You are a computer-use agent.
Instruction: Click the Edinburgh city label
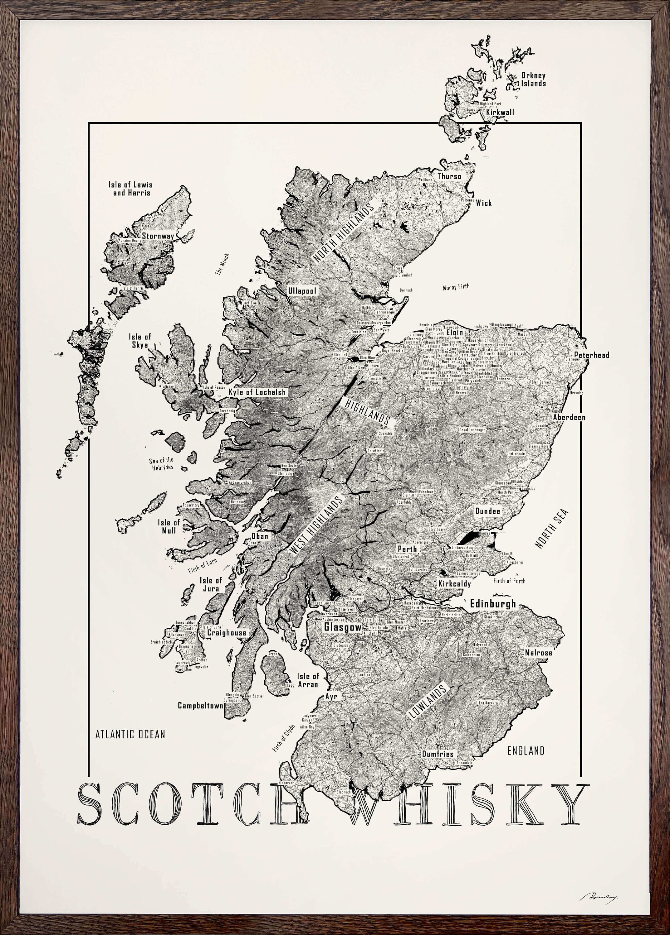(x=493, y=604)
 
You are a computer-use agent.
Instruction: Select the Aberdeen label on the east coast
(x=569, y=417)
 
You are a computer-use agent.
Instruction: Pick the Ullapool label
(x=302, y=290)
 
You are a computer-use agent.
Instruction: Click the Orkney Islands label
(x=533, y=79)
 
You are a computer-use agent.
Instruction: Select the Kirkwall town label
(x=500, y=112)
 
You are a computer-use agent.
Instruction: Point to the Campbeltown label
(x=201, y=706)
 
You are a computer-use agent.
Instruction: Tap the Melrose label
(x=538, y=652)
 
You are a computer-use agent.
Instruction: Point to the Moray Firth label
(x=456, y=287)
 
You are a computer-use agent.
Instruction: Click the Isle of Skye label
(x=140, y=341)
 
